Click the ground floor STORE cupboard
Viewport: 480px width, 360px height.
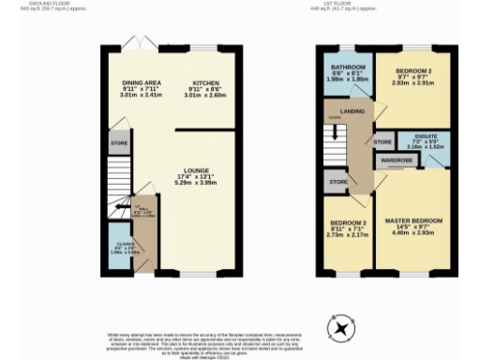tap(118, 143)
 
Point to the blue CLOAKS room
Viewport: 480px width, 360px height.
tap(118, 250)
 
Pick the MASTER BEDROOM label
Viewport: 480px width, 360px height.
tap(413, 220)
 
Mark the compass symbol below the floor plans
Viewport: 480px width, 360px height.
tap(341, 328)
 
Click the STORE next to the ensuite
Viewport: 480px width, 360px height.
tap(382, 142)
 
